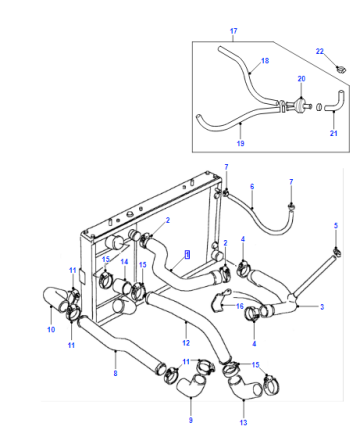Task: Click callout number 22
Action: [320, 51]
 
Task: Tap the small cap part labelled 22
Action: [341, 70]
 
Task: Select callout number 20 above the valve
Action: [301, 79]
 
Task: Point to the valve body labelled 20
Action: [300, 104]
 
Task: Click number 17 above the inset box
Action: [234, 31]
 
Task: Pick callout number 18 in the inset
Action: [265, 61]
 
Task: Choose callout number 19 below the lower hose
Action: [240, 143]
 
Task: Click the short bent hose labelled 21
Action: [334, 101]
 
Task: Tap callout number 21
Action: [334, 133]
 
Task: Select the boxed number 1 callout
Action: [188, 255]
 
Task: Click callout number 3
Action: [322, 307]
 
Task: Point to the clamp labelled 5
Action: [337, 252]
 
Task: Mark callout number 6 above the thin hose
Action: [252, 186]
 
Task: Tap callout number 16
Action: [240, 306]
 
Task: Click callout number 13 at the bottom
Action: [244, 423]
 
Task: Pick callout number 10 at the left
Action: [51, 330]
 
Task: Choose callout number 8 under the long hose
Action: [115, 373]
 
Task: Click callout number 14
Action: [124, 262]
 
